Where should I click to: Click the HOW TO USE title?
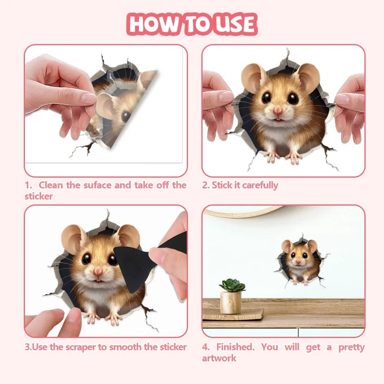(x=192, y=24)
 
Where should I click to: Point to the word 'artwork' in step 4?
(x=219, y=358)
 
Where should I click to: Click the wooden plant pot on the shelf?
(x=231, y=303)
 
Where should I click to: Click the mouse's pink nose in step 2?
(x=278, y=111)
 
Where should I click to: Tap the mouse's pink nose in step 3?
(x=98, y=272)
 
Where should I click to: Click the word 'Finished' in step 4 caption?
(x=235, y=347)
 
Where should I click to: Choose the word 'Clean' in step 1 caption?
(x=51, y=185)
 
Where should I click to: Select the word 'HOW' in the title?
(x=152, y=24)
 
